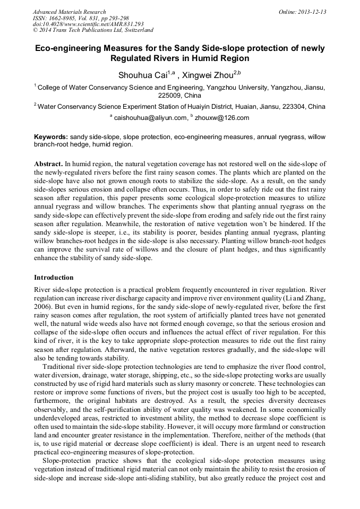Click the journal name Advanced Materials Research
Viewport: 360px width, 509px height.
(69, 12)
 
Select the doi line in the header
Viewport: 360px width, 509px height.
(88, 24)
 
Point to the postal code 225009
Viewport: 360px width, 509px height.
(170, 96)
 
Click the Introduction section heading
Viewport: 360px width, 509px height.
(54, 277)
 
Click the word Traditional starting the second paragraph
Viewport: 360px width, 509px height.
(61, 366)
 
